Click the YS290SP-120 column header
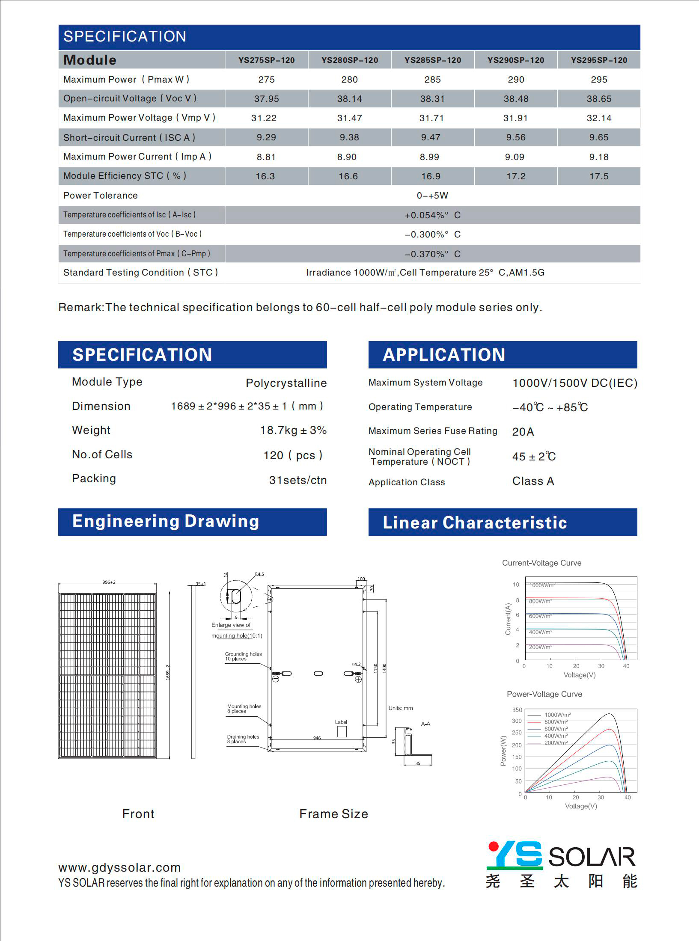[x=516, y=60]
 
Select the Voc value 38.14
[x=349, y=99]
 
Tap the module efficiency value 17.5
[x=599, y=176]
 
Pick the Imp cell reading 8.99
[x=429, y=157]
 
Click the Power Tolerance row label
[x=101, y=196]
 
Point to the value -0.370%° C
[x=432, y=254]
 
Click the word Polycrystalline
[x=286, y=383]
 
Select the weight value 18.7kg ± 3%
[x=293, y=430]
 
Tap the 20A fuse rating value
[x=523, y=432]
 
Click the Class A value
[x=533, y=481]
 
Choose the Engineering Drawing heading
[x=166, y=521]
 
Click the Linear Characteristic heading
[x=475, y=522]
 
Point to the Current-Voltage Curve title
[x=541, y=563]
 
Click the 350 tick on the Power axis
[x=517, y=710]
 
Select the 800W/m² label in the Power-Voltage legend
[x=556, y=722]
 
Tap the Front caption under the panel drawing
[x=138, y=814]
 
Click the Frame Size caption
[x=333, y=814]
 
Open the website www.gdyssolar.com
[x=119, y=867]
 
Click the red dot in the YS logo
[x=494, y=846]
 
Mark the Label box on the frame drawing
[x=342, y=731]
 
